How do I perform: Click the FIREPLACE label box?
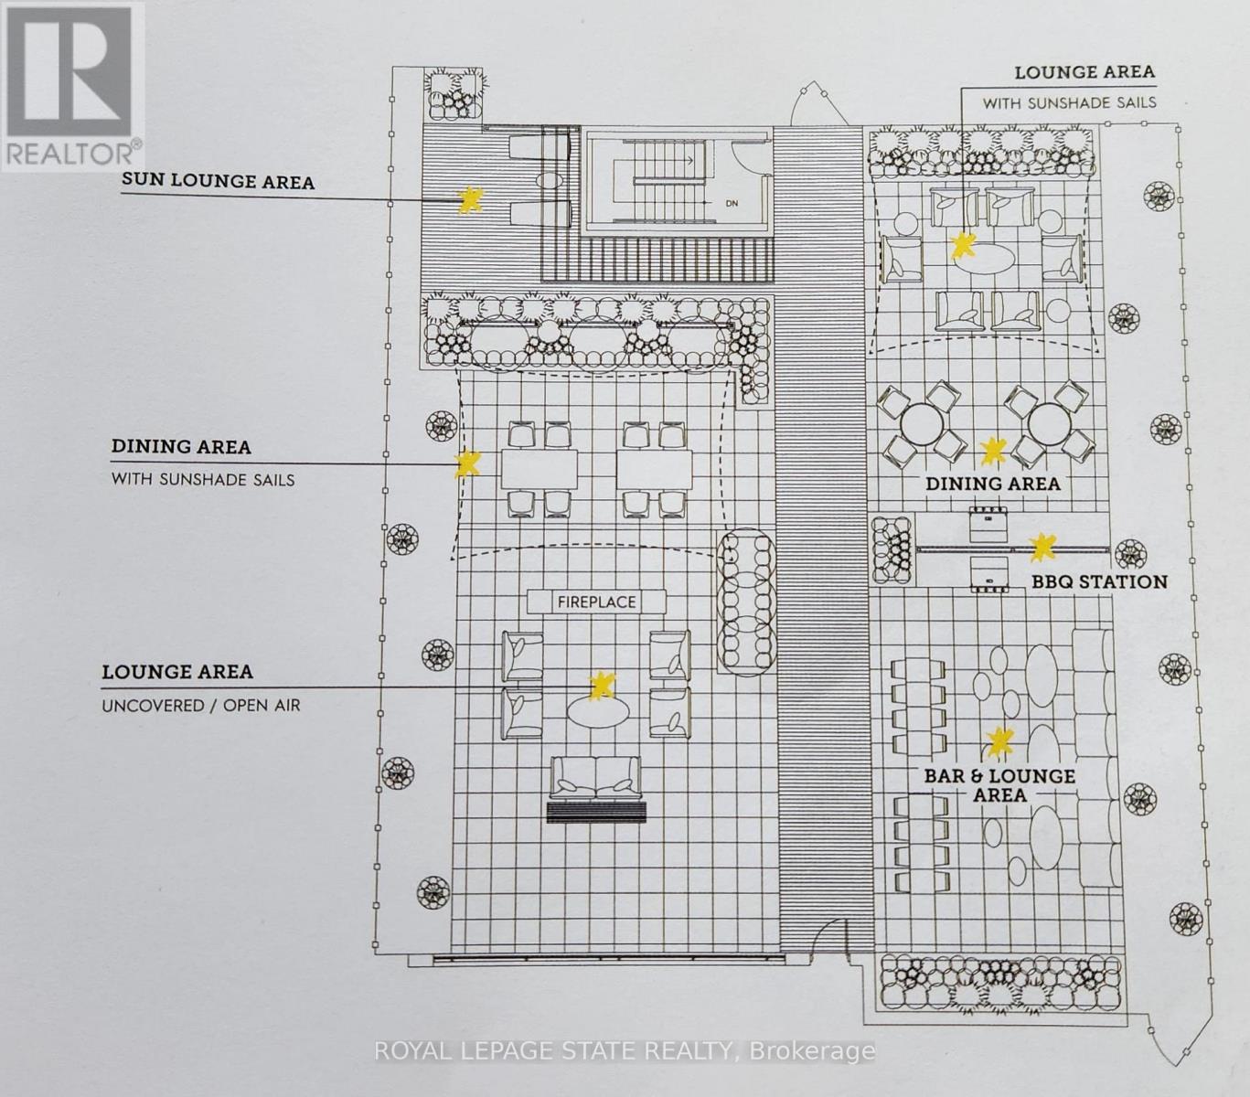pyautogui.click(x=597, y=602)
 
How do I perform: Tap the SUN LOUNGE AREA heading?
pyautogui.click(x=218, y=181)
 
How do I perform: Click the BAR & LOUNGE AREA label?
pyautogui.click(x=999, y=785)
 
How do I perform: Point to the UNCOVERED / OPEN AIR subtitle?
pyautogui.click(x=200, y=705)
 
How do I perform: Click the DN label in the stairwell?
pyautogui.click(x=732, y=203)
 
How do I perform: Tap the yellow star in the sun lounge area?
pyautogui.click(x=470, y=200)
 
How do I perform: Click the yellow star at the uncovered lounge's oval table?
pyautogui.click(x=602, y=686)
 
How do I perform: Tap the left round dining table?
pyautogui.click(x=921, y=422)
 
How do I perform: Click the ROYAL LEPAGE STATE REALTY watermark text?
pyautogui.click(x=625, y=1051)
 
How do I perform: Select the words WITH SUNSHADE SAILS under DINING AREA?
pyautogui.click(x=203, y=478)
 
